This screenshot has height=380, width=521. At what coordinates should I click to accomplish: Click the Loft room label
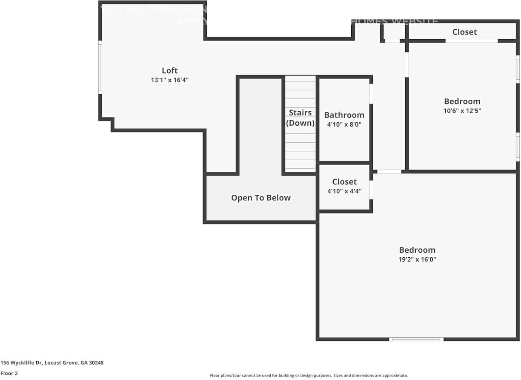coord(169,71)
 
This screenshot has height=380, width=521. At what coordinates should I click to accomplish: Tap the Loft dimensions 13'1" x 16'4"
coord(169,80)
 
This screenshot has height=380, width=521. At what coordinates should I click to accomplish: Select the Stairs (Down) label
coord(300,118)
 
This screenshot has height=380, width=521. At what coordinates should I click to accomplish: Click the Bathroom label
coord(344,115)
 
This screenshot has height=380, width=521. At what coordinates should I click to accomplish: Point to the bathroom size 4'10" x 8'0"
coord(344,125)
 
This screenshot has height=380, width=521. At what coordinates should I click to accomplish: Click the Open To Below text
coord(260,198)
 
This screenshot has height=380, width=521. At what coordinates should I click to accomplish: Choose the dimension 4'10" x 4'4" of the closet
coord(344,191)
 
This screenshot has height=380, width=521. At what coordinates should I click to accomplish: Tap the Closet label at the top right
coord(464,32)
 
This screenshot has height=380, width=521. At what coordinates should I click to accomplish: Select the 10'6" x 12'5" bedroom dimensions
coord(462,111)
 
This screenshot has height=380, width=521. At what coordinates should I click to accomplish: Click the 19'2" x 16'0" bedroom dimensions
coord(417,259)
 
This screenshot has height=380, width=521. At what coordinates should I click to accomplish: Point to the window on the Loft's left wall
coord(100,67)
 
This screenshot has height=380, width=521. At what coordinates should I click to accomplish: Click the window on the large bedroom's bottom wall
coord(416,339)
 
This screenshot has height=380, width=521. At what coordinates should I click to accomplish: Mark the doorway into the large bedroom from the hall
coord(389,172)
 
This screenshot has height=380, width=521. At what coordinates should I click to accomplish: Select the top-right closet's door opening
coord(471,41)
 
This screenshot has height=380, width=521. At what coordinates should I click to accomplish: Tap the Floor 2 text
coord(9,373)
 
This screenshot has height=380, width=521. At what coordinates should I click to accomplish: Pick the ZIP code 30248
coord(96,363)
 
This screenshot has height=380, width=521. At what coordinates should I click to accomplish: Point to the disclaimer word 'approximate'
coord(395,375)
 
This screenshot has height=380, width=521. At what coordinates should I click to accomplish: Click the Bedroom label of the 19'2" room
coord(417,250)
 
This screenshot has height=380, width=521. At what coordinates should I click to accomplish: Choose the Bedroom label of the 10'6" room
coord(462,101)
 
